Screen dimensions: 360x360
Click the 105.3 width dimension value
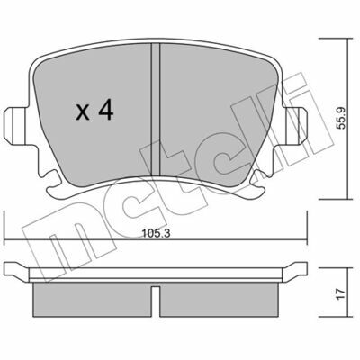156,233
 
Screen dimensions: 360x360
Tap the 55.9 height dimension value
341,118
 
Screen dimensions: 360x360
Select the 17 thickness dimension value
341,294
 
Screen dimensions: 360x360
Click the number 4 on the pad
105,110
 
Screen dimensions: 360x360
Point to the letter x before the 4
83,113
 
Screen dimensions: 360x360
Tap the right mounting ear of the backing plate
294,126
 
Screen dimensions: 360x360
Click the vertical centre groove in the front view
156,110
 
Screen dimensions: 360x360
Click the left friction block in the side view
92,300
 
